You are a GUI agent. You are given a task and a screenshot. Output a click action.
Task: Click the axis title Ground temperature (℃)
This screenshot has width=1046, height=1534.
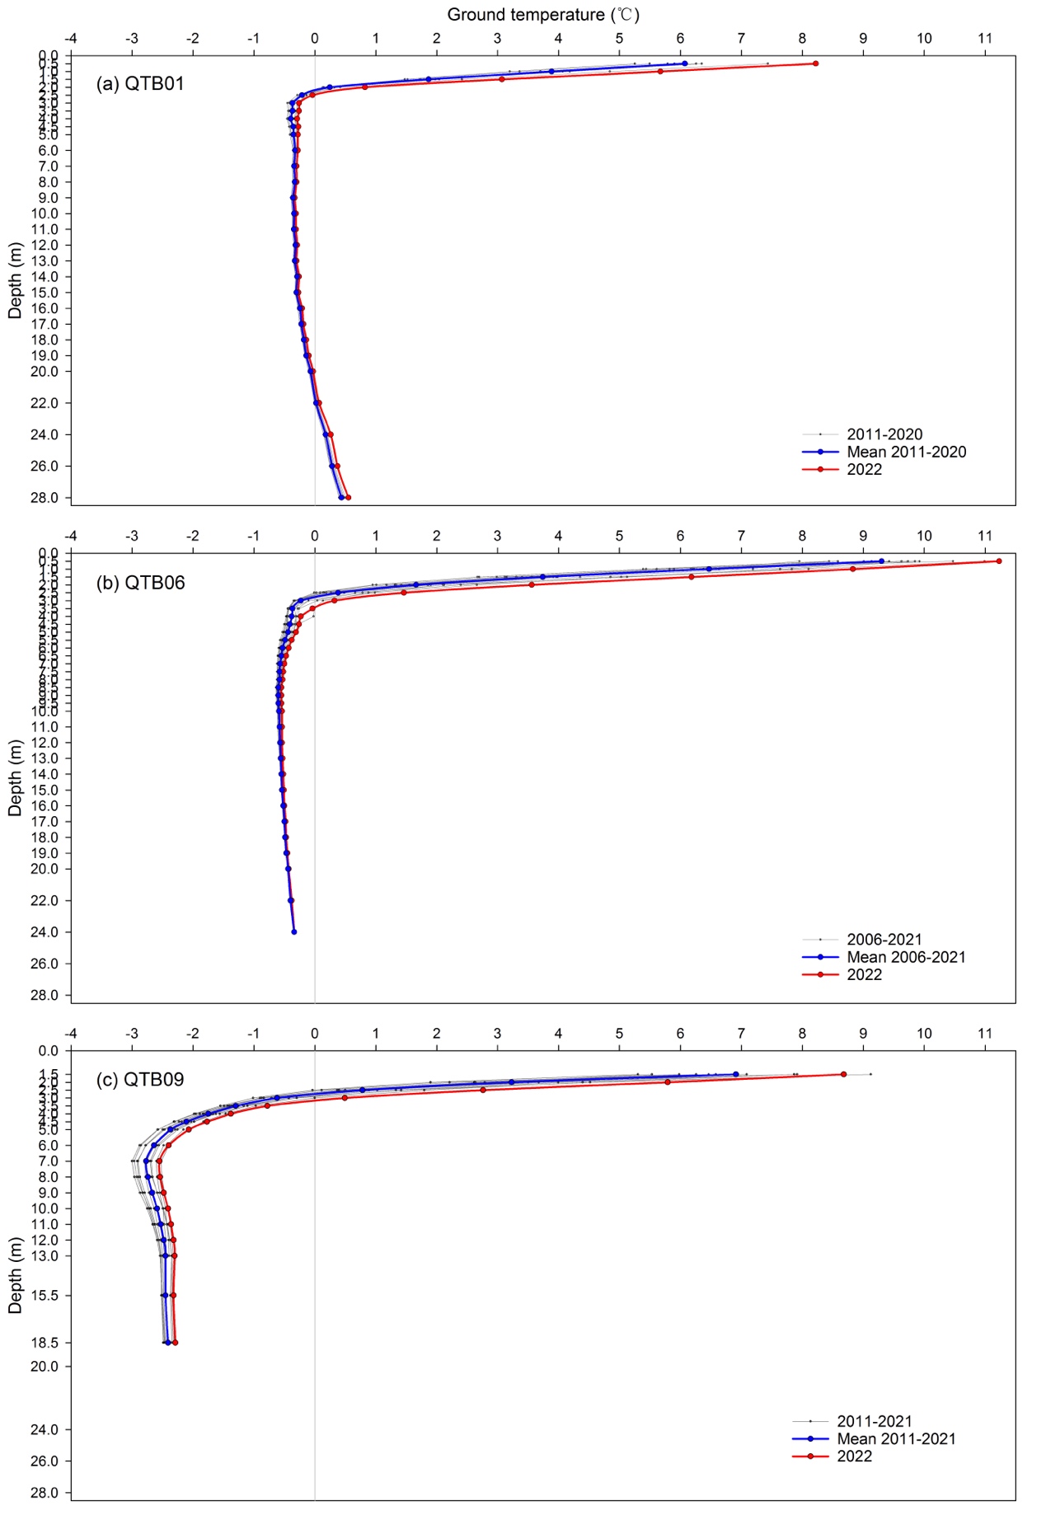tap(543, 15)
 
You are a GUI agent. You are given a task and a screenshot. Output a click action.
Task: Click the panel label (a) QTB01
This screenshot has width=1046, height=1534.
tap(140, 84)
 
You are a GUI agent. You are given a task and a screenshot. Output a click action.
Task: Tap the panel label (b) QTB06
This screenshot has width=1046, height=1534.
tap(140, 583)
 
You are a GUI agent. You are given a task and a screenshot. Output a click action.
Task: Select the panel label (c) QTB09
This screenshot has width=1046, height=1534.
tap(140, 1080)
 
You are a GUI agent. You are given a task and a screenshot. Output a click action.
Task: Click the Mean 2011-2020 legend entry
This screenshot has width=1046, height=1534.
tap(884, 452)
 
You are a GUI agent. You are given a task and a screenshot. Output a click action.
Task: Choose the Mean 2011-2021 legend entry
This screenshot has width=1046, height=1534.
tap(874, 1438)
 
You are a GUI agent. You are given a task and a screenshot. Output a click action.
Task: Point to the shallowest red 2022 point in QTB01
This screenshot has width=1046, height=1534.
tap(815, 63)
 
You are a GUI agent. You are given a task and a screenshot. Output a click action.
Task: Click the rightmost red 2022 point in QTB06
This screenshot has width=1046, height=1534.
tap(998, 561)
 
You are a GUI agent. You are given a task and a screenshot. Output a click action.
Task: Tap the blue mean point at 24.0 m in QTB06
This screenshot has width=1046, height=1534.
tap(294, 932)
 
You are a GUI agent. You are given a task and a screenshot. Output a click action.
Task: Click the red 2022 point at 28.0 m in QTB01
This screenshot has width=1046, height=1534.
tap(348, 497)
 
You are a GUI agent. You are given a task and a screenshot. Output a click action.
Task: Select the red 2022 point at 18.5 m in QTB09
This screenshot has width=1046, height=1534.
tap(175, 1343)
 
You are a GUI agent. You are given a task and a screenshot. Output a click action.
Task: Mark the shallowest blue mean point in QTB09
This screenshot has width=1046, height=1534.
tap(735, 1074)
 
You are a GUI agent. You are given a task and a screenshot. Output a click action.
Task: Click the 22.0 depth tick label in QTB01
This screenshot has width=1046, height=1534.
tap(44, 403)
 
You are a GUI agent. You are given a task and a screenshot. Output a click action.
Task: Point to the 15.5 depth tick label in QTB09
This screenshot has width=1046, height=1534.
tap(44, 1296)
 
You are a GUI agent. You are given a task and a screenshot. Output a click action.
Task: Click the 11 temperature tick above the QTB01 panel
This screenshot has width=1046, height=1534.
tap(985, 38)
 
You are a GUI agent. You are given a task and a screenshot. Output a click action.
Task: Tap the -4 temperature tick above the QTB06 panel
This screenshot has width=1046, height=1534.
tap(71, 536)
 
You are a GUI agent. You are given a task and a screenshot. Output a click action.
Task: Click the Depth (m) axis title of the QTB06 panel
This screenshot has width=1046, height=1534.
tap(15, 778)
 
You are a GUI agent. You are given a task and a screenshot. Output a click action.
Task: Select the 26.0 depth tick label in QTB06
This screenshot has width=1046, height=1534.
tap(44, 964)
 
